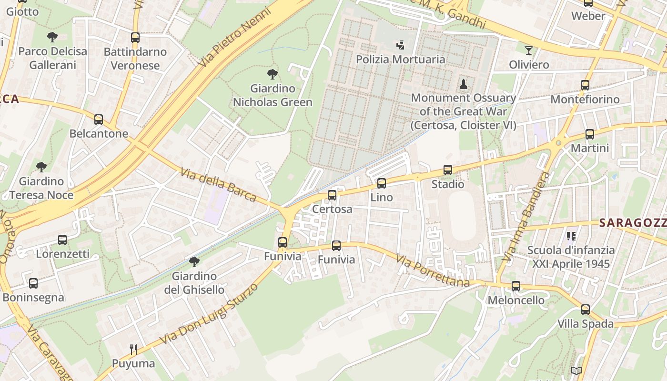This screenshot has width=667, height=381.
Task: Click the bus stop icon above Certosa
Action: [x=332, y=195]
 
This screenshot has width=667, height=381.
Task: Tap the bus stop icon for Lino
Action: [x=381, y=183]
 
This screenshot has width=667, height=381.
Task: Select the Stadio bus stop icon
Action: [x=447, y=170]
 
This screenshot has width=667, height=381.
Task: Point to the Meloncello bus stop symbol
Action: [x=516, y=286]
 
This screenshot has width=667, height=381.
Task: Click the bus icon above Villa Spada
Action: [x=586, y=309]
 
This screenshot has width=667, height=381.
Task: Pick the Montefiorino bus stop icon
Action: [x=585, y=85]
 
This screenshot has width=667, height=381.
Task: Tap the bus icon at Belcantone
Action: [x=99, y=119]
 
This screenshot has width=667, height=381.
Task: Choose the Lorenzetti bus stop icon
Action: [x=62, y=240]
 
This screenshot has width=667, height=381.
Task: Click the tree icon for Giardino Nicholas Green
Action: [x=273, y=74]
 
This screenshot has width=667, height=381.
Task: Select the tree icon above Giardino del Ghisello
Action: [x=194, y=261]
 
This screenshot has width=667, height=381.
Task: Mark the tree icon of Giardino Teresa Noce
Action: [x=41, y=167]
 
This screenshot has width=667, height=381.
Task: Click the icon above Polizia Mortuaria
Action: [x=401, y=45]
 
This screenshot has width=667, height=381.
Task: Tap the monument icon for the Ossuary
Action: [x=463, y=84]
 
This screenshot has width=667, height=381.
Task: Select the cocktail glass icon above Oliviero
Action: [x=529, y=50]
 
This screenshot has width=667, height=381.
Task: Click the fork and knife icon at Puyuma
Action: [x=133, y=350]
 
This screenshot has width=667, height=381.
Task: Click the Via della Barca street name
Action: [x=219, y=184]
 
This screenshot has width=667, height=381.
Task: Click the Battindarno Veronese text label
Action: [x=135, y=58]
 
